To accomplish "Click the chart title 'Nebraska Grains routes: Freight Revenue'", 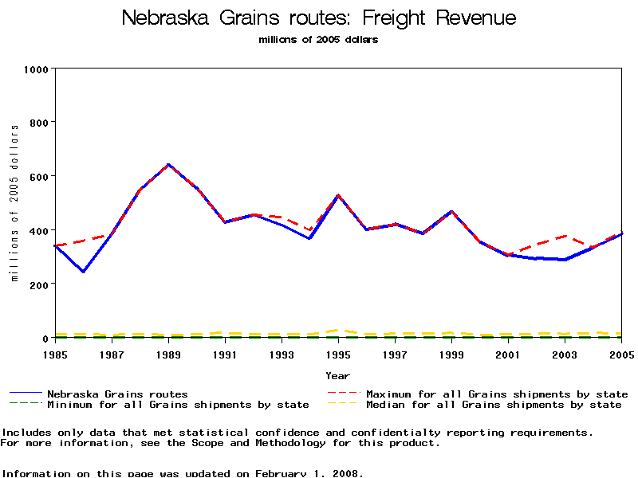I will [319, 18].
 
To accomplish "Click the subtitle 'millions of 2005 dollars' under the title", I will [318, 40].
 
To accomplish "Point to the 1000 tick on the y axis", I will [36, 69].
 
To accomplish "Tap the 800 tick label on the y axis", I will [39, 123].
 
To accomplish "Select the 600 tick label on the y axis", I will [39, 176].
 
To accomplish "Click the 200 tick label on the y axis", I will [39, 284].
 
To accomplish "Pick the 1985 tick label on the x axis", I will [55, 353].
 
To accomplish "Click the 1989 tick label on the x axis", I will [168, 353].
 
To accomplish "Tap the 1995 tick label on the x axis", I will [338, 353].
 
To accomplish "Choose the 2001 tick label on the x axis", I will [508, 353].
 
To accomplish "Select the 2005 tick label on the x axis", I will [621, 353].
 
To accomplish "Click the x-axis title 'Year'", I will [337, 375].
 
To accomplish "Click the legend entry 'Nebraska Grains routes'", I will [117, 394].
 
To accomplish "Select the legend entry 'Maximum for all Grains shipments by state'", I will [497, 394].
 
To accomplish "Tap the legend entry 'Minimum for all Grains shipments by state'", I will [178, 405].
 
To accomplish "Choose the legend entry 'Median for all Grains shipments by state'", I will [494, 405].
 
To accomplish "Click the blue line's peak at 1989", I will [168, 165].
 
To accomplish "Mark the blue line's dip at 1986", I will [83, 272].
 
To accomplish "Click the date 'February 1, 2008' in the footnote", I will [308, 473].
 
